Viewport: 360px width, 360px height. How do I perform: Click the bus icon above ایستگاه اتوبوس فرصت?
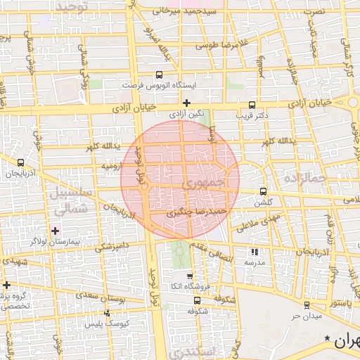(158, 75)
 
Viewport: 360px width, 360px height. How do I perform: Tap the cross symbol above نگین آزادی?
(186, 103)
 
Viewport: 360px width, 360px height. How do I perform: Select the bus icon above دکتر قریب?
(252, 105)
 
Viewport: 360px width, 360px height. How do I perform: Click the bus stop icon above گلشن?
(263, 191)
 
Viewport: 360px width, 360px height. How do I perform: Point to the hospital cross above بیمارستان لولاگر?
(55, 231)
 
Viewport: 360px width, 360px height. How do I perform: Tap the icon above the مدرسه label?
(255, 251)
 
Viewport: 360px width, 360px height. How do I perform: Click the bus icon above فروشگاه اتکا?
(188, 276)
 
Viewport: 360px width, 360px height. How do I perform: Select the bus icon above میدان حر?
(307, 304)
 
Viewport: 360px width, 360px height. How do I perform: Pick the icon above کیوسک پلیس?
(108, 313)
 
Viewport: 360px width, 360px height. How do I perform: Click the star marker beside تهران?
(328, 340)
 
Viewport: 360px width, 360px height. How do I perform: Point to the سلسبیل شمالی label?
(68, 200)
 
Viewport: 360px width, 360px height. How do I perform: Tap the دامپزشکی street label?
(108, 247)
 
